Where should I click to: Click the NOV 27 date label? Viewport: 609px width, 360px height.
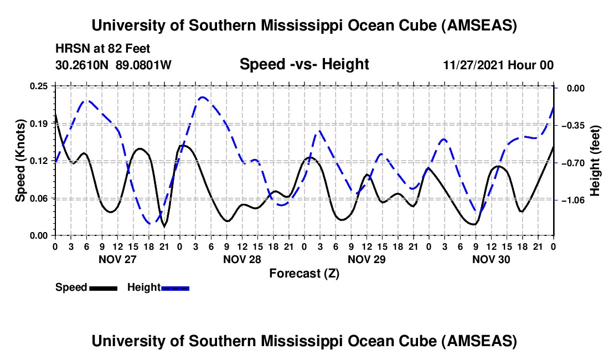coord(117,259)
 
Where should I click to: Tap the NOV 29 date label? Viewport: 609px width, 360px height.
coord(366,259)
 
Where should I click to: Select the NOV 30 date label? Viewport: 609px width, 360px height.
coord(491,259)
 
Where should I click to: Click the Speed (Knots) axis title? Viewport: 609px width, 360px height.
coord(20,161)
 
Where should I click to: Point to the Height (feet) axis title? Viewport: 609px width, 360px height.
coord(596,161)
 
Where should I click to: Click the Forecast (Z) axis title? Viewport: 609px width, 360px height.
coord(304,273)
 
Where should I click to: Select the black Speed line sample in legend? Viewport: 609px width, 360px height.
coord(103,287)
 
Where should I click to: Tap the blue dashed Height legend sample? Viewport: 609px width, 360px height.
coord(176,287)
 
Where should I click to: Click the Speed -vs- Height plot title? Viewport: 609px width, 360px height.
coord(304,64)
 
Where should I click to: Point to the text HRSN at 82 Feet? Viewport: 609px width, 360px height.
coord(103,49)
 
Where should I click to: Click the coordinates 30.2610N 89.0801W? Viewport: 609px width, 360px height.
coord(113,65)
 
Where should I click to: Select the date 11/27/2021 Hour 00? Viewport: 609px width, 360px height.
coord(498,65)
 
